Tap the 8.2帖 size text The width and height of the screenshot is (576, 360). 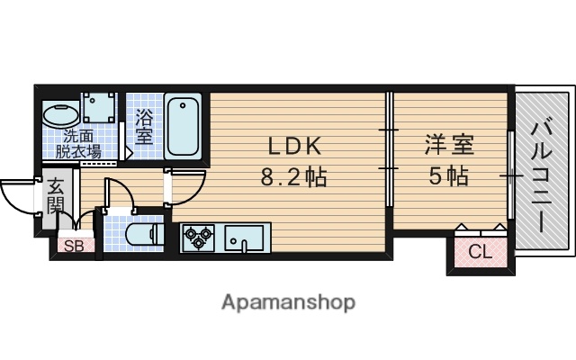(292, 176)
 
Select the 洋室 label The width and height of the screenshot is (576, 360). (449, 145)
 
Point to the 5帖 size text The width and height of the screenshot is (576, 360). (449, 176)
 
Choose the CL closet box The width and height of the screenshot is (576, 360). (481, 252)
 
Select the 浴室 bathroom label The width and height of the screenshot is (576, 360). (144, 126)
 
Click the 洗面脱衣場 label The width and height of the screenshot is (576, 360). (81, 144)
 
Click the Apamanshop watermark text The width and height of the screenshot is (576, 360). (288, 301)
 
